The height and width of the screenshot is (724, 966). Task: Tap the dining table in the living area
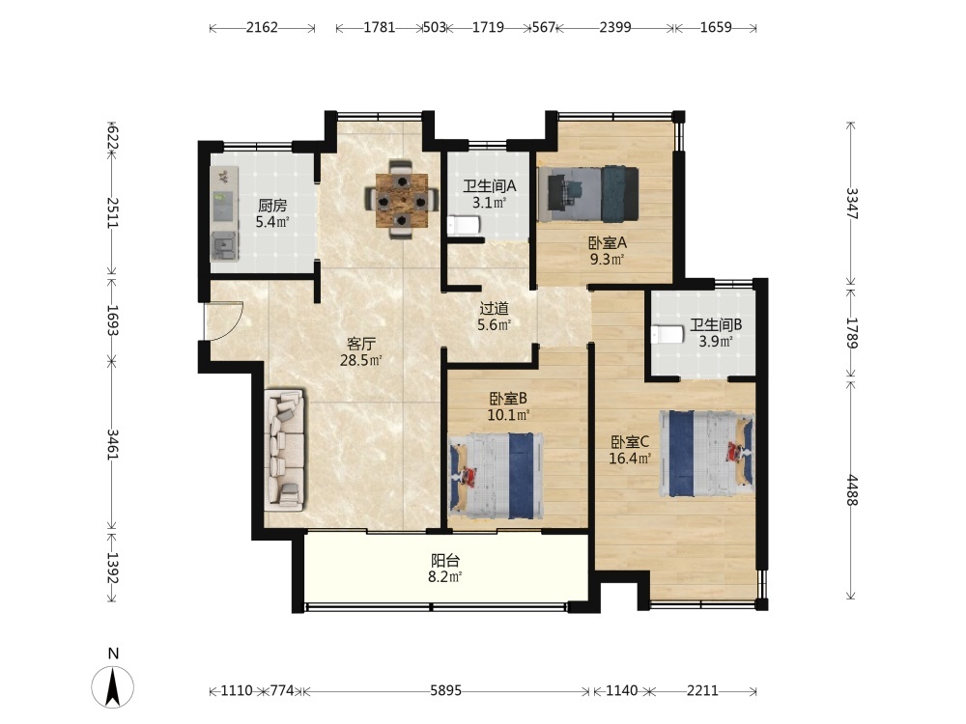pos(402,200)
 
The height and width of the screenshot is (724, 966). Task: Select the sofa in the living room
pos(285,450)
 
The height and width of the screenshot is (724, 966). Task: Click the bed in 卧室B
pos(497,475)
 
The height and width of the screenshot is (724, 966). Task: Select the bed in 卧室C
pos(707,453)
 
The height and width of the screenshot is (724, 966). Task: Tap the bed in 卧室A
pos(587,193)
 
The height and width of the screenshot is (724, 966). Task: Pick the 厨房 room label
pos(272,206)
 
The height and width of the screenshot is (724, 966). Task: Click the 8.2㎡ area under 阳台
pos(445,577)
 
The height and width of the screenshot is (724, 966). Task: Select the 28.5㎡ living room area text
pos(361,360)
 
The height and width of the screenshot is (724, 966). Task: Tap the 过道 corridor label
pos(494,308)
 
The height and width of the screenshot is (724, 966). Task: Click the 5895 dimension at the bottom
pos(445,691)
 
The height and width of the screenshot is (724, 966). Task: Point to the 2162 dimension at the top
pos(262,28)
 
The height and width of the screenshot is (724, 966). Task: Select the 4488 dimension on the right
pos(851,490)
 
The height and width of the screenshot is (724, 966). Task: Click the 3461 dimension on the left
pos(112,444)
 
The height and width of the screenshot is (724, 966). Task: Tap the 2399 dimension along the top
pos(614,28)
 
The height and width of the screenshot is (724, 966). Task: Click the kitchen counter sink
pos(224,246)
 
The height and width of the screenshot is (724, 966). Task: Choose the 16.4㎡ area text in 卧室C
pos(630,459)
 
